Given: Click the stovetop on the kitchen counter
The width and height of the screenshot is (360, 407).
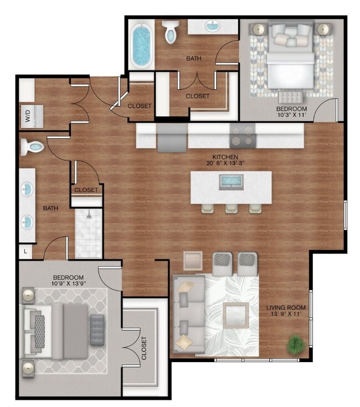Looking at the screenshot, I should (243, 136).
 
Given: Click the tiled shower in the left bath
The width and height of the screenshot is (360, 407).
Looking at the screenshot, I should (88, 233).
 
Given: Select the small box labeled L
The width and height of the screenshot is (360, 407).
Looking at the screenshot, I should (25, 251).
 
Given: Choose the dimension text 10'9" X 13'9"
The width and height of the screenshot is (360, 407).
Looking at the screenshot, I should (69, 284).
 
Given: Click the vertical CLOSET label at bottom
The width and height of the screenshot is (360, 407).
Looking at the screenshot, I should (144, 349).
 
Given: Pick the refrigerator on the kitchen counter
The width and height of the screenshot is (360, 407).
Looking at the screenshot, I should (172, 136).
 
